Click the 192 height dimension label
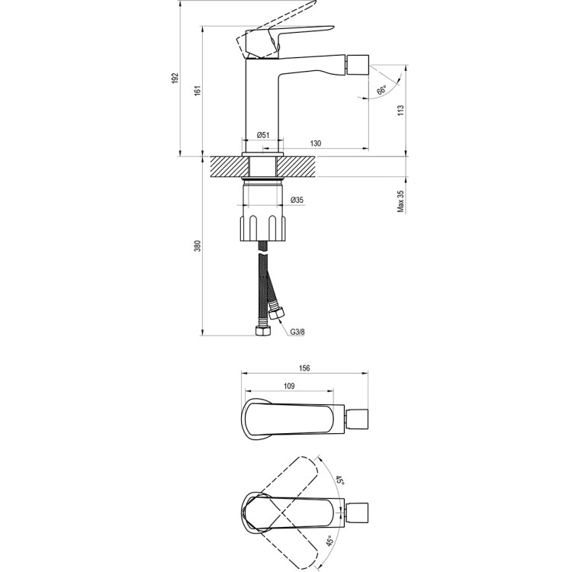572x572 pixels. [175, 79]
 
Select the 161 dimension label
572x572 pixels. [197, 90]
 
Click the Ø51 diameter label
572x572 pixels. [262, 135]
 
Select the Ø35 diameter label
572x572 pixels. [297, 200]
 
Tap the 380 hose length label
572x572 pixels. [197, 246]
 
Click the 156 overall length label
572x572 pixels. [304, 368]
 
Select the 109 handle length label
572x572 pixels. [289, 387]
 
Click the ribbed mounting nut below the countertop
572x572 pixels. [263, 227]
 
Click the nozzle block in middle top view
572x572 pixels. [358, 419]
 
